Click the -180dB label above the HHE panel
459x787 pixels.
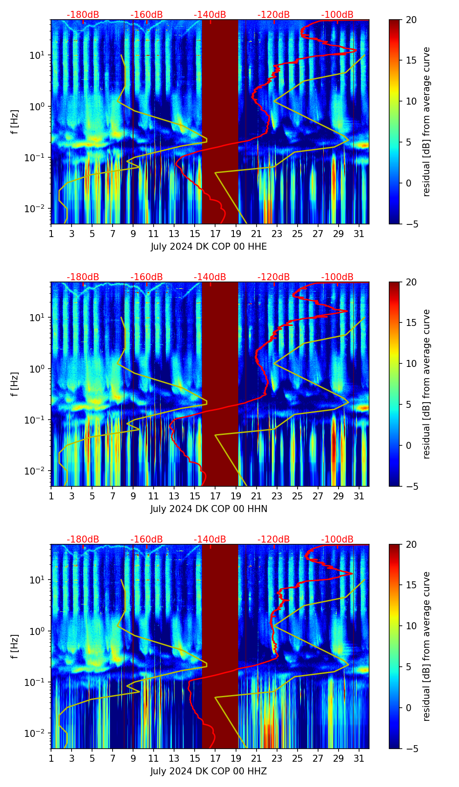pos(83,15)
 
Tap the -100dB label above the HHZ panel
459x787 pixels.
pos(337,539)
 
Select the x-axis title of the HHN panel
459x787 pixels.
pos(209,509)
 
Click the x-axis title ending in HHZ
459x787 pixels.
pos(209,771)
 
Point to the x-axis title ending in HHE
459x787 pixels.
pos(209,246)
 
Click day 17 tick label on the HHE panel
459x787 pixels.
pos(216,234)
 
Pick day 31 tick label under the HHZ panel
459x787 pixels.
pos(359,758)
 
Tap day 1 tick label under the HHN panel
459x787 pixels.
pos(51,496)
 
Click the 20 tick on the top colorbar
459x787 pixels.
pos(411,20)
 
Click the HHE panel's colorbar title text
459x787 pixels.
pos(426,122)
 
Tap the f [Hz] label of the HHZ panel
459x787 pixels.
pos(15,646)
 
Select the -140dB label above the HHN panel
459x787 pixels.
pos(210,277)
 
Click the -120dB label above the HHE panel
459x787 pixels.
pos(274,15)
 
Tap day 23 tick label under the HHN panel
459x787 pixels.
pos(277,496)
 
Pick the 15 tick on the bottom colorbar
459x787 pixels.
pos(411,585)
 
